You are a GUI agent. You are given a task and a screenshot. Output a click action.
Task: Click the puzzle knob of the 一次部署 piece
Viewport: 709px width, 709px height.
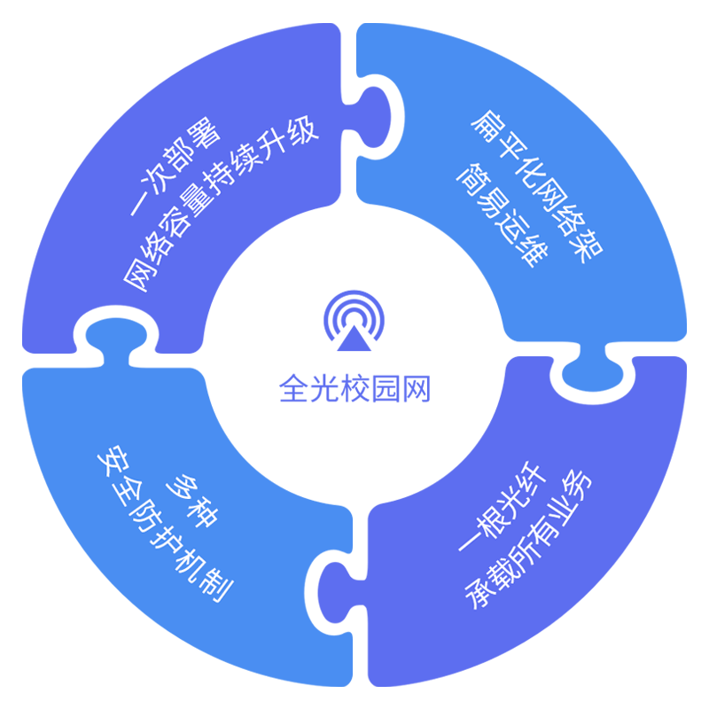point(113,333)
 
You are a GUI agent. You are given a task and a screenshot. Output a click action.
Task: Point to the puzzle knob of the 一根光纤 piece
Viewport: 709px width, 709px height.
point(334,592)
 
